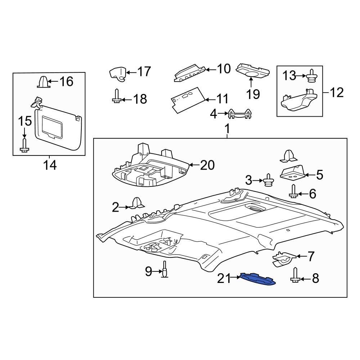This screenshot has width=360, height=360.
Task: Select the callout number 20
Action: click(x=207, y=165)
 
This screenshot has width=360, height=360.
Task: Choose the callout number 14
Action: click(x=50, y=165)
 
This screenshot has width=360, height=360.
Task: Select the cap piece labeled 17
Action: click(x=118, y=73)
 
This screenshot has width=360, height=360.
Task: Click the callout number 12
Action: click(x=337, y=93)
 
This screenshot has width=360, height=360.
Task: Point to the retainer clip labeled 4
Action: click(x=239, y=114)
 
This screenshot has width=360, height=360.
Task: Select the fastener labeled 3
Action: click(x=268, y=180)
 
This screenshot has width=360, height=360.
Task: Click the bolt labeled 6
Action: click(x=293, y=191)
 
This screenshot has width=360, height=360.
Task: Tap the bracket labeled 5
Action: click(x=292, y=174)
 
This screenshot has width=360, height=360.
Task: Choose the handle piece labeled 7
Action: click(x=284, y=259)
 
